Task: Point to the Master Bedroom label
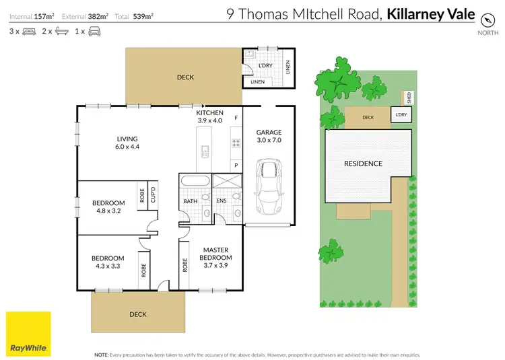point(217,258)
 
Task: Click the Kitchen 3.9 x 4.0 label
point(209,116)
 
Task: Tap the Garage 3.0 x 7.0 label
point(269,137)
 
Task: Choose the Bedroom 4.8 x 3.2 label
point(108,207)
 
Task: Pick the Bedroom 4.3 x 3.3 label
point(108,262)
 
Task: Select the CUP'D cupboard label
point(153,194)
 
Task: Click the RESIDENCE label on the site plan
point(363,164)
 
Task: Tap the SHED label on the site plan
point(408,98)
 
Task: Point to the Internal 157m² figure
point(32,15)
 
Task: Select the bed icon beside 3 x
point(29,32)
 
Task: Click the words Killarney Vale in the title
point(431,14)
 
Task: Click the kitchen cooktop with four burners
point(236,143)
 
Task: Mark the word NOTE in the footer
point(101,354)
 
